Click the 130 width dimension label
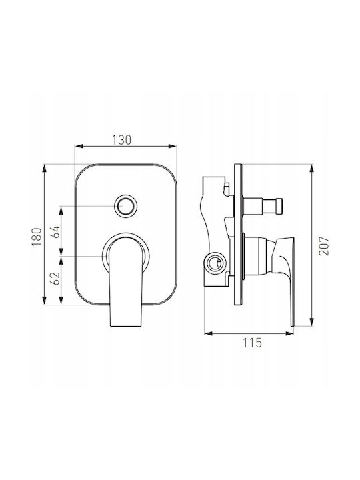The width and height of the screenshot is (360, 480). coord(121,140)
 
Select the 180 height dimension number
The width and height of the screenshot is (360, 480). coord(37,237)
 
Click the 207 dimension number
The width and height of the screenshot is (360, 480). coord(323,246)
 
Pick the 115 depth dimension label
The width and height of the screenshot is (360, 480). coord(253,343)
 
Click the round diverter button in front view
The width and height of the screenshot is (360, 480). coord(125,206)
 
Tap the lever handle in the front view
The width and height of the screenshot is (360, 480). coord(126,281)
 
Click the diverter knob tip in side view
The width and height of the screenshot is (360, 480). coord(279,206)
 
